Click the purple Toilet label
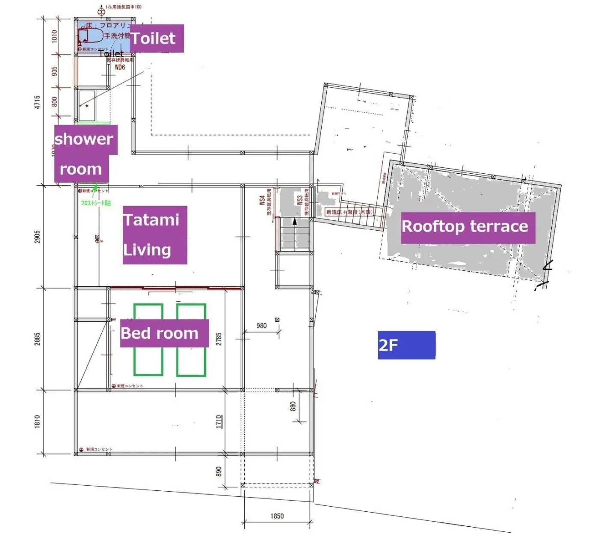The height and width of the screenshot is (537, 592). tap(156, 39)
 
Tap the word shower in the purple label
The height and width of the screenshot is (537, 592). tap(84, 139)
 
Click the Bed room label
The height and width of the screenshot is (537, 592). tap(164, 333)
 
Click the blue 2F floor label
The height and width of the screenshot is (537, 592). tap(406, 345)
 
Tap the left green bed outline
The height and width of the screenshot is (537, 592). tap(148, 340)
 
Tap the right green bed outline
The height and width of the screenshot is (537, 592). tap(191, 340)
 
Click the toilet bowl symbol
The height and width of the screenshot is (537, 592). tap(91, 35)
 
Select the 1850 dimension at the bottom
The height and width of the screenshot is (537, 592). tap(277, 516)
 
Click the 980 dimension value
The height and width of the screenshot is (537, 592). tap(261, 326)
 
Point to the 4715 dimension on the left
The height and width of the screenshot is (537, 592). tap(37, 102)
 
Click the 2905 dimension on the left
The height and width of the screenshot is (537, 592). tap(37, 237)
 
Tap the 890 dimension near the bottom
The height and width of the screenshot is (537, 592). tap(219, 471)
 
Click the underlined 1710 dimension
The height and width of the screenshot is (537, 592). tap(219, 421)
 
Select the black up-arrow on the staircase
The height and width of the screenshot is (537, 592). tap(294, 222)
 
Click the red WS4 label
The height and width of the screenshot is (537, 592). tap(262, 201)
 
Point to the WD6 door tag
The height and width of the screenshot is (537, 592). tap(120, 67)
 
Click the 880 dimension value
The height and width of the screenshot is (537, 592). tap(293, 406)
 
